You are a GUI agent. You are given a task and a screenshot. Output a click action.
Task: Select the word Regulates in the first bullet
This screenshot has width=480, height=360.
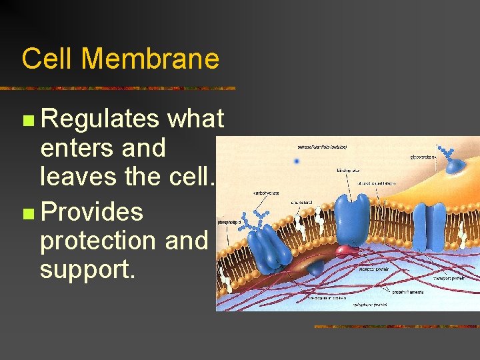[x=100, y=119]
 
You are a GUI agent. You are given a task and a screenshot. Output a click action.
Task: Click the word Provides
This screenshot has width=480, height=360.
[x=91, y=212]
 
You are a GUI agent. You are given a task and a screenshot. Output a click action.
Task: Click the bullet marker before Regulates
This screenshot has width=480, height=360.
[x=27, y=121]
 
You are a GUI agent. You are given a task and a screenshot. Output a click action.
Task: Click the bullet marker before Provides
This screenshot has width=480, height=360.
[x=27, y=214]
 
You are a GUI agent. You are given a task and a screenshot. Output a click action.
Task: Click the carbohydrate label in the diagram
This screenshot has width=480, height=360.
[x=265, y=193]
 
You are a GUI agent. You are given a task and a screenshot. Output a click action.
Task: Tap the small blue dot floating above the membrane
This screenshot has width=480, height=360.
[x=297, y=161]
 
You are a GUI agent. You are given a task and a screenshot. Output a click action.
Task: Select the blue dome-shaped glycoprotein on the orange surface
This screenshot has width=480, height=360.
[x=458, y=167]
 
